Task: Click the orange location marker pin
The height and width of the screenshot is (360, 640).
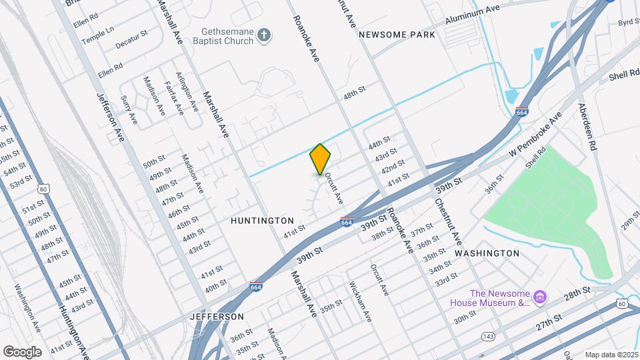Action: [320, 159]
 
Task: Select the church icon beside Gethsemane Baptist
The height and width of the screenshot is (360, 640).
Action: [265, 35]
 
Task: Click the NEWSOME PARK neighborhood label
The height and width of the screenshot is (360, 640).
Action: [397, 35]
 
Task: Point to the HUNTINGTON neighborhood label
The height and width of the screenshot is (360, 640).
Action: [262, 220]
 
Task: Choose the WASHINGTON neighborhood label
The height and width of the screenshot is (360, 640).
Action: [487, 253]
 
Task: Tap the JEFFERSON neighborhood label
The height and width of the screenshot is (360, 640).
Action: [217, 316]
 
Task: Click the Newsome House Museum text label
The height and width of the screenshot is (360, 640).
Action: [499, 298]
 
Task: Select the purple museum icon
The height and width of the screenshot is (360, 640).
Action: [541, 297]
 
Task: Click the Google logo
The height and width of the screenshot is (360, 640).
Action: [22, 351]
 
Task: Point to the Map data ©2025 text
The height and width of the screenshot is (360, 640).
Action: [610, 355]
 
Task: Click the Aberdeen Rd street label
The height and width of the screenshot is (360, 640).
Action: [589, 126]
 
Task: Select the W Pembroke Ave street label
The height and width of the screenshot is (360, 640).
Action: [535, 135]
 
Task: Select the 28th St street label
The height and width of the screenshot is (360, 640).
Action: [577, 291]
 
